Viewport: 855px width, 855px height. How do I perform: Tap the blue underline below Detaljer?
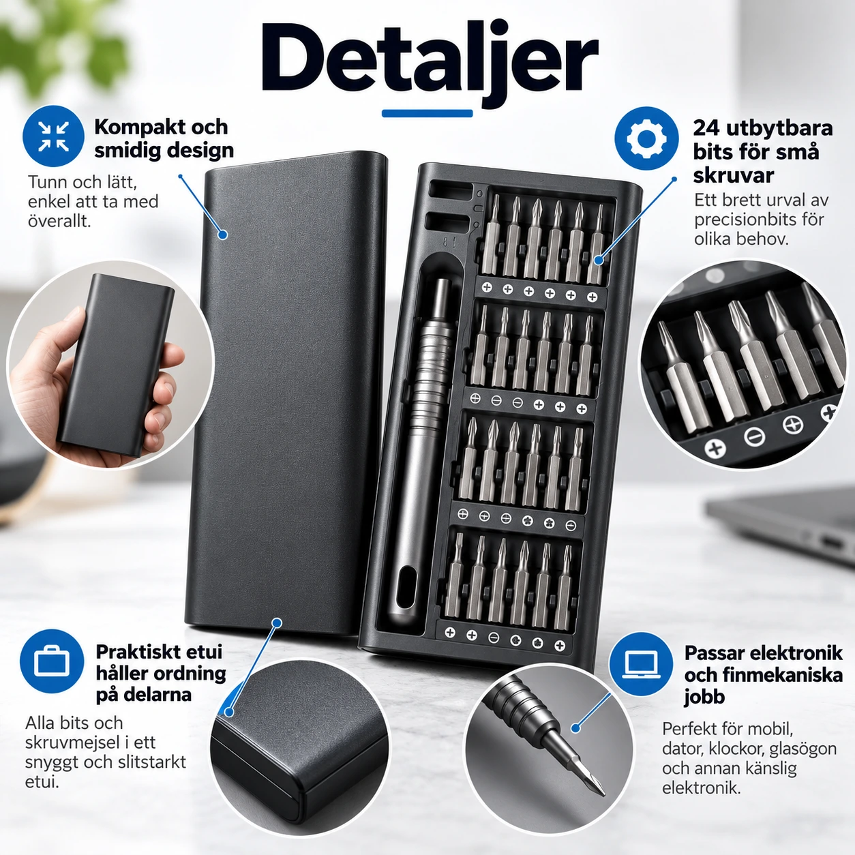click(427, 114)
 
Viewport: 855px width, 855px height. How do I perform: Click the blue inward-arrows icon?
click(53, 136)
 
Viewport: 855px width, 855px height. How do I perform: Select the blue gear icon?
click(646, 138)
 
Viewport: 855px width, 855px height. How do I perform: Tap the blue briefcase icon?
click(52, 661)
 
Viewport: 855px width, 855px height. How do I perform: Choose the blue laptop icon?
click(641, 664)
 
